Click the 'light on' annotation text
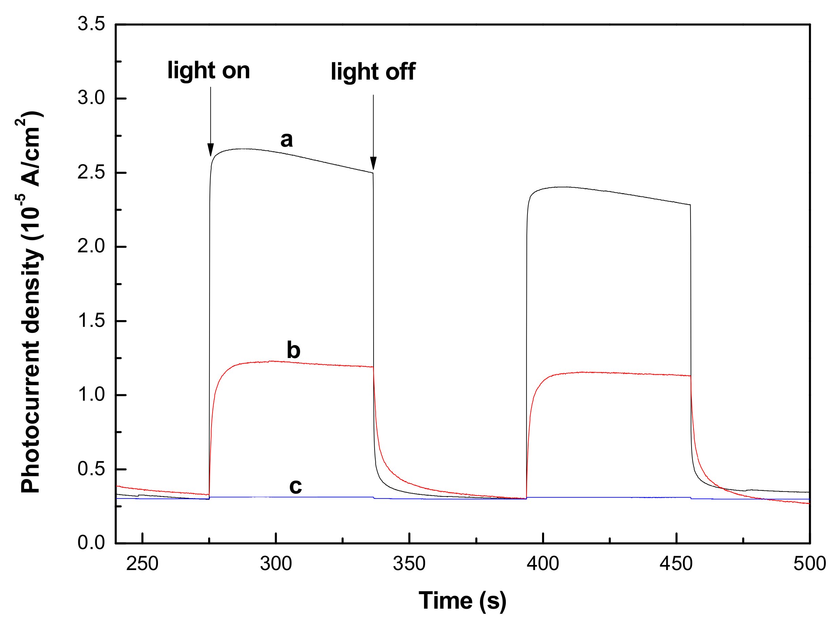click(x=209, y=71)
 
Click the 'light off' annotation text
click(x=373, y=71)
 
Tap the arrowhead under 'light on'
click(x=211, y=150)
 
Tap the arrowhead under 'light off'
click(x=373, y=163)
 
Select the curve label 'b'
click(x=293, y=350)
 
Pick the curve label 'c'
click(x=296, y=486)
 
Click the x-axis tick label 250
click(x=142, y=564)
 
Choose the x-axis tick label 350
click(x=409, y=564)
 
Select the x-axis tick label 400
click(x=542, y=564)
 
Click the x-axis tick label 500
click(x=810, y=564)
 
